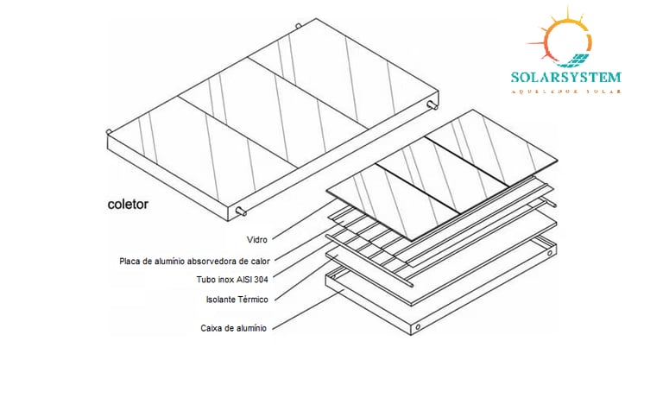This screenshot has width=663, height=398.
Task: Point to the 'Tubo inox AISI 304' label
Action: [x=232, y=279]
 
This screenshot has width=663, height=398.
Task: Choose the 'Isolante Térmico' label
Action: [x=237, y=299]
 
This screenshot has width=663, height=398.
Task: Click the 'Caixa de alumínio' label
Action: [x=233, y=328]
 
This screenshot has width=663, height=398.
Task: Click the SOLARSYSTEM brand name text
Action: [x=565, y=77]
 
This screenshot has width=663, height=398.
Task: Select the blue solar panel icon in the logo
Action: [x=573, y=60]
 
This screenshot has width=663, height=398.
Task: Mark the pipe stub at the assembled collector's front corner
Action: [x=241, y=212]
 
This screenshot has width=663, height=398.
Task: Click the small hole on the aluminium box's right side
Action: [x=417, y=328]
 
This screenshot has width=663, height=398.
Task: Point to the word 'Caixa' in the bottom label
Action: [x=212, y=328]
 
